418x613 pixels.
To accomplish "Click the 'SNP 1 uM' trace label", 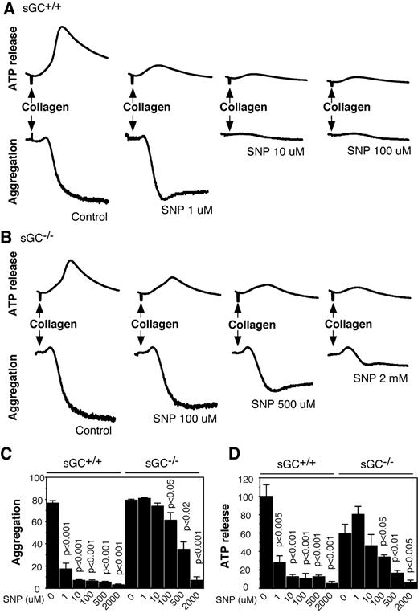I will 183,205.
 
